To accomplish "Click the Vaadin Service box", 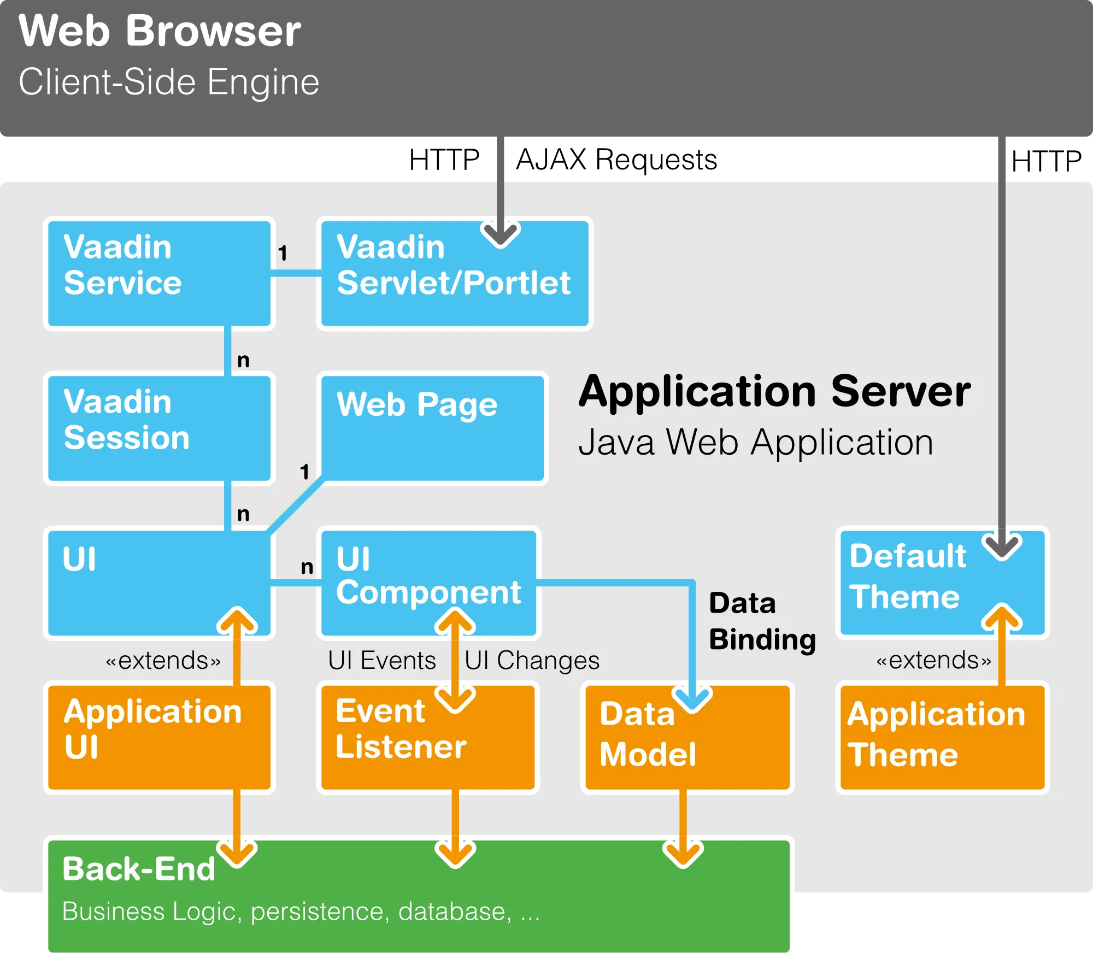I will pos(158,273).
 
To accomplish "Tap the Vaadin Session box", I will pos(158,428).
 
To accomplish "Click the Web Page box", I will pos(432,428).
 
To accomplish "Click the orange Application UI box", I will pos(158,737).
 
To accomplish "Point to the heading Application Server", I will pos(774,391).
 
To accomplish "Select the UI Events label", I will pos(381,660).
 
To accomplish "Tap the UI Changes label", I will pos(532,660).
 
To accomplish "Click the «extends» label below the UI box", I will pos(163,660).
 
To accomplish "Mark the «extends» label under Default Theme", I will pos(933,660).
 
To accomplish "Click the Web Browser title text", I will pos(160,31).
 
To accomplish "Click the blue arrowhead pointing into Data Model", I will pos(692,700).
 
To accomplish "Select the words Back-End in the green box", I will pos(139,869).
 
